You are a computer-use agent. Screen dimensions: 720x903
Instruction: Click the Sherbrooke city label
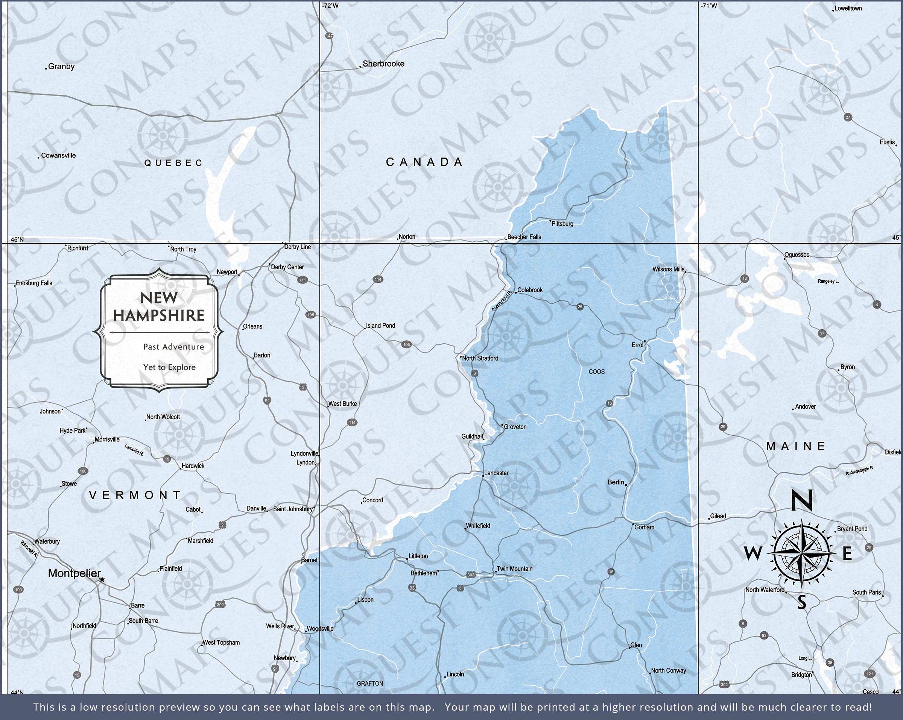(x=383, y=64)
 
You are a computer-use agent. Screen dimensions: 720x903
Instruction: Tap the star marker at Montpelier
(x=102, y=580)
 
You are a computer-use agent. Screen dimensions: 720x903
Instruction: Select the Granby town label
(x=61, y=66)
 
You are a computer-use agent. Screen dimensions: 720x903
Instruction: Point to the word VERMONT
(x=135, y=495)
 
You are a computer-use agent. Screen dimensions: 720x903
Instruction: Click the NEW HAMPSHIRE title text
(x=159, y=307)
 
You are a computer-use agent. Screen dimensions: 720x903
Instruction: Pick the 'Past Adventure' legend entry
(x=173, y=347)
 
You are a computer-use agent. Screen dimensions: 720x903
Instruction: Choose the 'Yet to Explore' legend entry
(x=169, y=367)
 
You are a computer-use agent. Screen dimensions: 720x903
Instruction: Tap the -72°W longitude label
(x=330, y=6)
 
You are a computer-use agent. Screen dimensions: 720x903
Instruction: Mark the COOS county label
(x=596, y=372)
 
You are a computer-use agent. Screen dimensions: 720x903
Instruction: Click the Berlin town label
(x=616, y=482)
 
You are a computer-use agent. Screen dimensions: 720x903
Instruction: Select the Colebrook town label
(x=530, y=290)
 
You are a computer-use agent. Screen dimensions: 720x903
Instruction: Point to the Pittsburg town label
(x=562, y=224)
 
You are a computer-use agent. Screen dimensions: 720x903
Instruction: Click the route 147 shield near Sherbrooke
(x=329, y=36)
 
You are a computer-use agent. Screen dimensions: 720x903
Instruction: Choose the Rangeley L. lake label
(x=828, y=281)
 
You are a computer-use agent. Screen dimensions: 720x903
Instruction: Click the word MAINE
(x=796, y=446)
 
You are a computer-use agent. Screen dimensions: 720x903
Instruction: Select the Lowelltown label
(x=848, y=8)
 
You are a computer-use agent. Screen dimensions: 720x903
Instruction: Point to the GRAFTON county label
(x=370, y=684)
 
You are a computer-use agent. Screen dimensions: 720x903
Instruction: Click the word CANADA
(x=424, y=162)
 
